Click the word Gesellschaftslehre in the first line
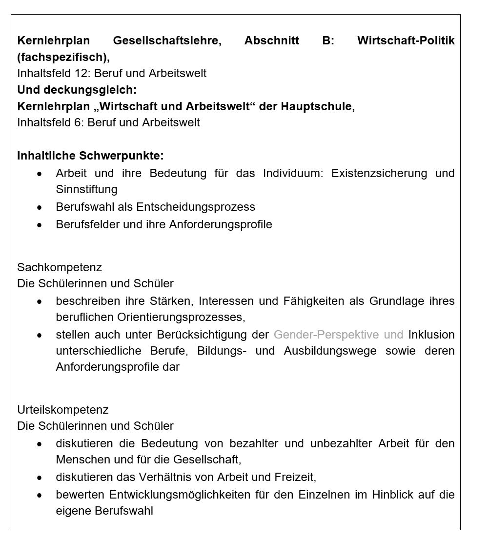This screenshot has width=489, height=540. (x=167, y=40)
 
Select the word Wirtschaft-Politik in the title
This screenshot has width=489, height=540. (x=406, y=40)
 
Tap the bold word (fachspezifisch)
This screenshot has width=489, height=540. (x=62, y=57)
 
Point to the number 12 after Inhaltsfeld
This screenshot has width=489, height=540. (x=81, y=73)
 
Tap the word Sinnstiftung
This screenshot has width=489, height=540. (x=86, y=189)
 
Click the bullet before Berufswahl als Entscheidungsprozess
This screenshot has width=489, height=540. (x=40, y=207)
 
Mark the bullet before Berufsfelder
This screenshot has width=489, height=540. (x=40, y=225)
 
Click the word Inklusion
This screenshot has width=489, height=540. (x=431, y=335)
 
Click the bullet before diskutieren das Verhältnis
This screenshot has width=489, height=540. (x=40, y=478)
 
